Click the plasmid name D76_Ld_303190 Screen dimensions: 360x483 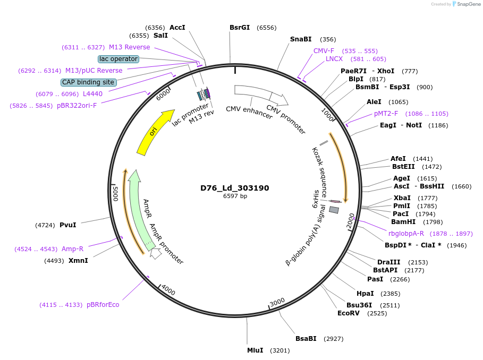tap(234, 188)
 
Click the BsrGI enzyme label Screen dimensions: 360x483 tap(240, 28)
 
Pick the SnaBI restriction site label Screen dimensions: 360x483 tap(301, 39)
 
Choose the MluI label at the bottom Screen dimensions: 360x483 tap(255, 350)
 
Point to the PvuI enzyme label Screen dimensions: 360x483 tap(67, 225)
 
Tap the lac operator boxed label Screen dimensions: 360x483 tap(118, 59)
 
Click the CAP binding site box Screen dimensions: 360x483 tap(88, 82)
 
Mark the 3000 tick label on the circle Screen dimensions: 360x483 tap(277, 302)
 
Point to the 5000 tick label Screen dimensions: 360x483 tap(115, 193)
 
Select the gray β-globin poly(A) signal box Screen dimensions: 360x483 tap(334, 210)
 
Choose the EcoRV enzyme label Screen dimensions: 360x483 tap(349, 313)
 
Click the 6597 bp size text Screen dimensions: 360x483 tap(234, 196)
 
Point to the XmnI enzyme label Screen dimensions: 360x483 tap(78, 261)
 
